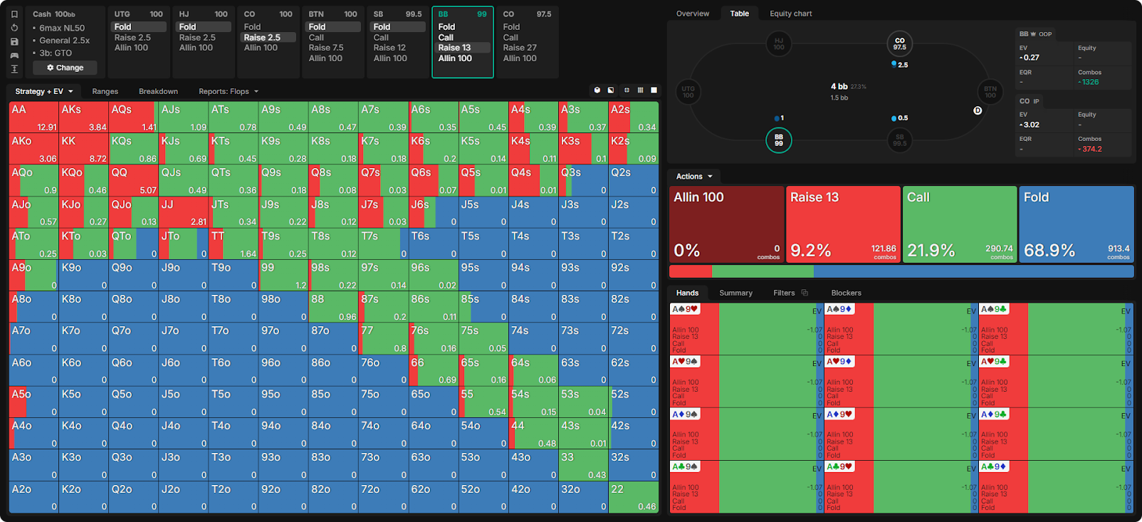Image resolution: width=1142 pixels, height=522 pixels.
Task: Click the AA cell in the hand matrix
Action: tap(33, 117)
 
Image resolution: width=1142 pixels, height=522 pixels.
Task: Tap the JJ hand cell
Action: tap(183, 212)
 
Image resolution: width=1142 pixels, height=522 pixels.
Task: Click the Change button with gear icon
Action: tap(65, 68)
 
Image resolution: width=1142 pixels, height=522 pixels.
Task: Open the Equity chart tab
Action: tap(790, 14)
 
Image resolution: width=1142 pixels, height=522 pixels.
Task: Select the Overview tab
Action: tap(692, 14)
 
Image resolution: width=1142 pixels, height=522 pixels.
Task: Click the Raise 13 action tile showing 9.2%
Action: tap(843, 224)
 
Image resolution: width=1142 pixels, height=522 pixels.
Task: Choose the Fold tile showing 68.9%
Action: tap(1076, 224)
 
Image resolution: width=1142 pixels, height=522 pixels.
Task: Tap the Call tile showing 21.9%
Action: tap(959, 224)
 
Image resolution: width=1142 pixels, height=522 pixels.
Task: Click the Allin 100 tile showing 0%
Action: tap(726, 224)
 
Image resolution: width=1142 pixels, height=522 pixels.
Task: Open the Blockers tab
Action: tap(846, 293)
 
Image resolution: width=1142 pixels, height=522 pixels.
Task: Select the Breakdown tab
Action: tap(158, 91)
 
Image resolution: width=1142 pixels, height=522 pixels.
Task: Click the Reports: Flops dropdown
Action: tap(228, 91)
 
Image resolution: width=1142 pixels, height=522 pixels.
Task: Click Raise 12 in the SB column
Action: tap(389, 48)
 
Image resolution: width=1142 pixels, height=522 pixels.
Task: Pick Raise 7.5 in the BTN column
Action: tap(326, 48)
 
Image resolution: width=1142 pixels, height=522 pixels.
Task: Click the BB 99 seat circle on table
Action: tap(778, 140)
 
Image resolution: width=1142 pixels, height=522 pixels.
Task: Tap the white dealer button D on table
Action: tap(978, 110)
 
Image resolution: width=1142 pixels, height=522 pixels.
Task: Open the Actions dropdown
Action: tap(693, 176)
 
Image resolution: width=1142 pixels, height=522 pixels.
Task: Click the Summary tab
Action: tap(735, 293)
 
